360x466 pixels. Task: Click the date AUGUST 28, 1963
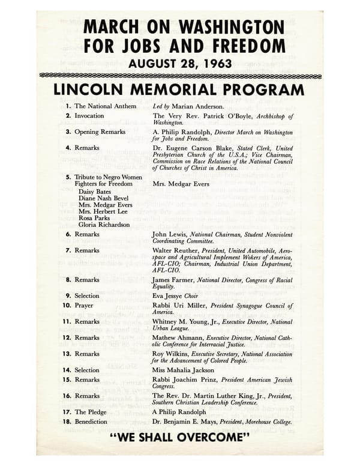tap(180, 62)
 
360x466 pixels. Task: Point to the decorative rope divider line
tap(180, 76)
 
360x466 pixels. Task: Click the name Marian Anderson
tap(196, 106)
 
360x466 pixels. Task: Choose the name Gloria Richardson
tap(104, 225)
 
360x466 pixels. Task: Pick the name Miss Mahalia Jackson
tap(184, 371)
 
